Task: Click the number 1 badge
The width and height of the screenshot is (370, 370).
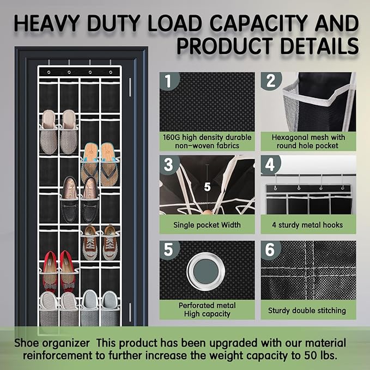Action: [x=168, y=81]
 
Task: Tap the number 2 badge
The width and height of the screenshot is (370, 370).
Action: [x=271, y=81]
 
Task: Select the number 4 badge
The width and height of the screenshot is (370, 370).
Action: [x=270, y=164]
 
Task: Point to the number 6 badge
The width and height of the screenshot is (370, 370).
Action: [x=270, y=250]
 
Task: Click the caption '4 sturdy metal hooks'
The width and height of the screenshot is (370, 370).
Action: [x=307, y=225]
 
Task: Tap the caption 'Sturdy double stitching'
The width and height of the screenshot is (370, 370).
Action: [x=307, y=311]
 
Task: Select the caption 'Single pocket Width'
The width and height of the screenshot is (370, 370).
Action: [x=207, y=225]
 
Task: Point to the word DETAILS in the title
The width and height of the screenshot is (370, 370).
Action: [x=320, y=46]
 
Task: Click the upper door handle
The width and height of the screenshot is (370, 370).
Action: [x=130, y=87]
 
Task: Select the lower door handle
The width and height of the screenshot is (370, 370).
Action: [x=130, y=312]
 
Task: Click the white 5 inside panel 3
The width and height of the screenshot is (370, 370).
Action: [x=207, y=187]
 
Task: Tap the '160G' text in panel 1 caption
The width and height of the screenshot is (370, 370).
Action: [x=171, y=137]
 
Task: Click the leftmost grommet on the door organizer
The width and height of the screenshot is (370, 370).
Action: [x=49, y=72]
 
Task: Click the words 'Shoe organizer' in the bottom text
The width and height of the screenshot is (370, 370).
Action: [x=52, y=343]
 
